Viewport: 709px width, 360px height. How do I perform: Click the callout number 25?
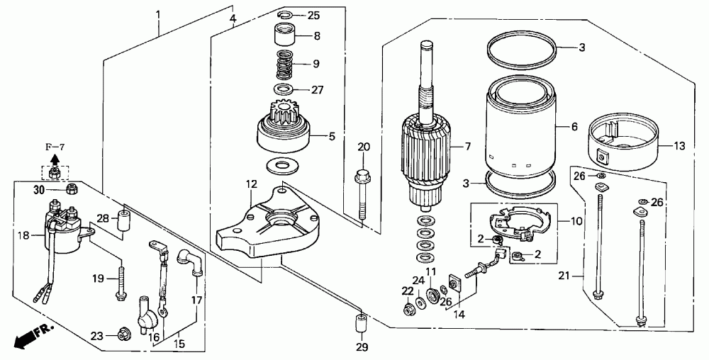[x=313, y=15]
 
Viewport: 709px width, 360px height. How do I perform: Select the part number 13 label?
[x=679, y=147]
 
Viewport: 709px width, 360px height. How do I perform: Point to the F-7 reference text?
[x=55, y=147]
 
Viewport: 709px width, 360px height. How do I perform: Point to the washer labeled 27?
[x=284, y=90]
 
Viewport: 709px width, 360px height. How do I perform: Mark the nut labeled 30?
[x=71, y=190]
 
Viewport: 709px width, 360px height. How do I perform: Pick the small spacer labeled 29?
[x=359, y=325]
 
